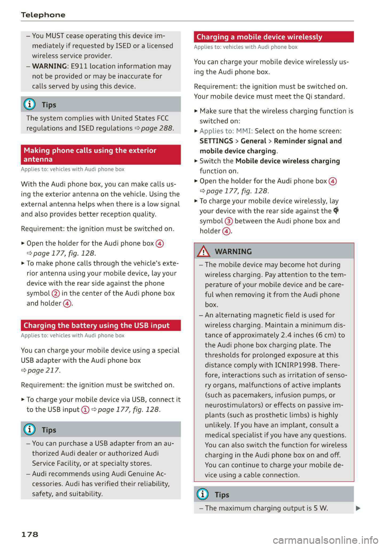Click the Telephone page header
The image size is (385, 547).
[x=43, y=15]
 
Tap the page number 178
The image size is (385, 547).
[x=30, y=534]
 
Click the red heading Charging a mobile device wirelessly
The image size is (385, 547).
[x=259, y=37]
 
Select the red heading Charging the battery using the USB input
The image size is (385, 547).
[x=96, y=325]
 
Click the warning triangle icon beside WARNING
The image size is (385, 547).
[x=203, y=252]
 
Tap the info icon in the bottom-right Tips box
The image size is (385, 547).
[x=203, y=494]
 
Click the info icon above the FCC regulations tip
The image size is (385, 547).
[x=30, y=104]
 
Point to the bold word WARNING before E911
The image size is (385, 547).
[x=49, y=66]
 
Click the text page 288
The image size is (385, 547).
[x=157, y=128]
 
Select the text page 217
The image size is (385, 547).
[x=43, y=370]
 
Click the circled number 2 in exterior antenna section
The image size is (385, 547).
[x=56, y=294]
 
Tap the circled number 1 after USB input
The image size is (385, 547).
[x=85, y=410]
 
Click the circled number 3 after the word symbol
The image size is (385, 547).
[x=229, y=221]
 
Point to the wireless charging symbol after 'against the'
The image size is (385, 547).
[x=336, y=211]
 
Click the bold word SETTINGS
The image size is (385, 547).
[x=216, y=141]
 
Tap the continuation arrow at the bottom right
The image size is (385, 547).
[x=358, y=508]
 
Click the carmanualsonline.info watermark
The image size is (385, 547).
[x=325, y=540]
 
